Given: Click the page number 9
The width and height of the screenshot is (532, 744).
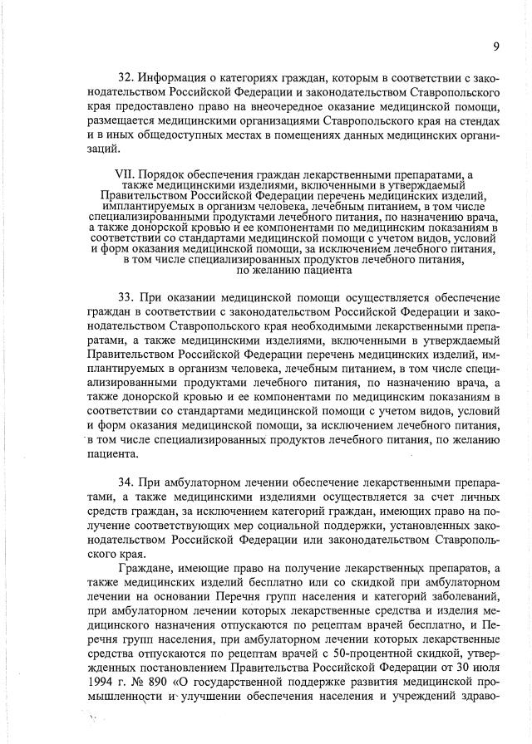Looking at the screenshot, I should pyautogui.click(x=495, y=46).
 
